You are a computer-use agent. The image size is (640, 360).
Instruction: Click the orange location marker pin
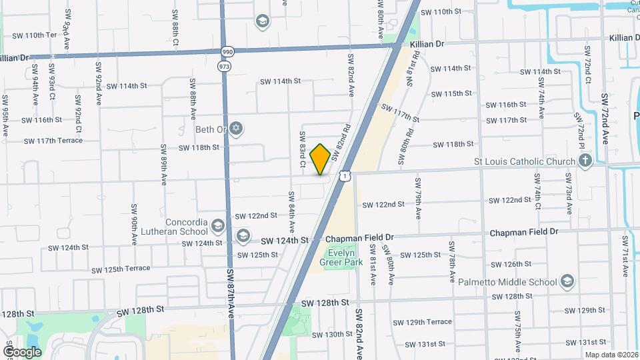click(321, 159)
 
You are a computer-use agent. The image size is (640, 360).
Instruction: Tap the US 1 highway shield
click(344, 175)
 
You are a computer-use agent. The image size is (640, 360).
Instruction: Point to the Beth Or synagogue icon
click(236, 128)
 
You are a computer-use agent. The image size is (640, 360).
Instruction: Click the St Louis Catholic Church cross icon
click(585, 161)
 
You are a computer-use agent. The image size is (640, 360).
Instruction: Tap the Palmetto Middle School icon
click(567, 281)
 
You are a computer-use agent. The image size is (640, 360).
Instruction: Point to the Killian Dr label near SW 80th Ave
click(427, 43)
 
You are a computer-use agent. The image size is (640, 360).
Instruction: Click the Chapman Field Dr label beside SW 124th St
click(359, 237)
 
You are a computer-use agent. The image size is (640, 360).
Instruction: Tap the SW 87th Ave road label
click(231, 293)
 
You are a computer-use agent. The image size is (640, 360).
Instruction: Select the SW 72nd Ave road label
click(605, 119)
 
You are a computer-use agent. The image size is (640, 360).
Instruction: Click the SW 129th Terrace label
click(422, 322)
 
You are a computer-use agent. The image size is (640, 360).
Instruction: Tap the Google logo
click(22, 351)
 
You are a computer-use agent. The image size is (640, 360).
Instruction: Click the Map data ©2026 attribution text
click(611, 355)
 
